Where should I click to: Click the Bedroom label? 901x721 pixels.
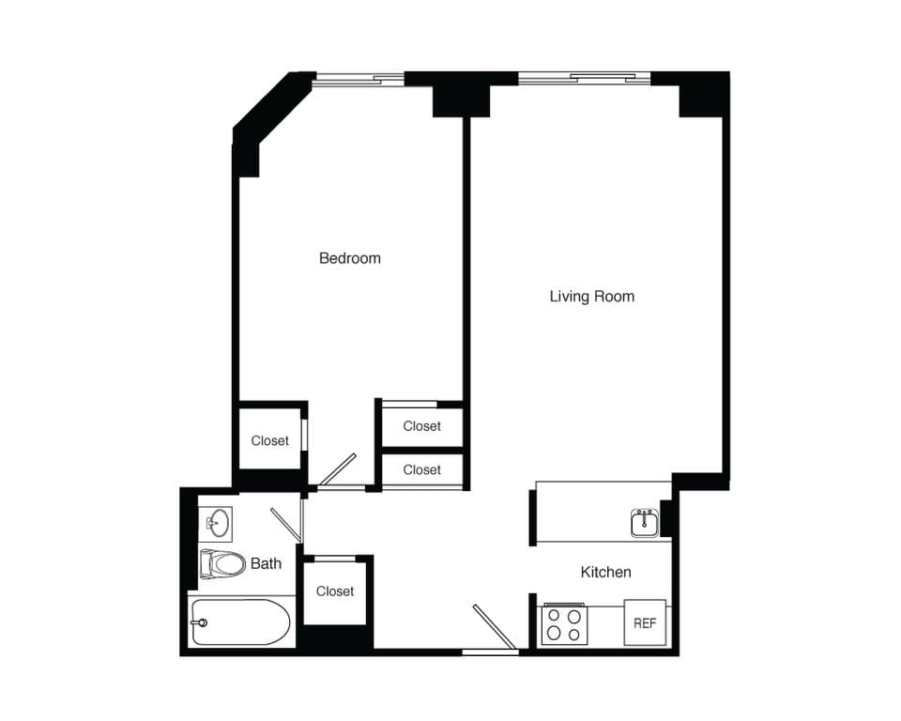[x=349, y=258]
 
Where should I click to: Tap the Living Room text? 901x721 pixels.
[x=591, y=297]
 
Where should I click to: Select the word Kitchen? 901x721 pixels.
[x=605, y=572]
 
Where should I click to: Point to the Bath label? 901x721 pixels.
[x=266, y=564]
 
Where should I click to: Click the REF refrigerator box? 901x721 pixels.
[x=645, y=622]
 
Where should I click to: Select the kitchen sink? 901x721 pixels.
[x=645, y=523]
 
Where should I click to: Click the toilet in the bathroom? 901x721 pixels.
[x=222, y=564]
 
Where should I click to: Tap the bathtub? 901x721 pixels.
[x=241, y=622]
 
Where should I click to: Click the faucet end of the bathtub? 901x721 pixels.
[x=199, y=621]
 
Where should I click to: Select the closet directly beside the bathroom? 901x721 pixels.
[x=334, y=591]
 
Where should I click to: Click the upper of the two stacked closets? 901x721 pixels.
[x=421, y=426]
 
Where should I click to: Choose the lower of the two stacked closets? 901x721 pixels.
[x=421, y=469]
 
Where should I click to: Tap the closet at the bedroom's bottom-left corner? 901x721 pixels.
[x=269, y=440]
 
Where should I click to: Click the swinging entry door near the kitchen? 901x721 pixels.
[x=494, y=627]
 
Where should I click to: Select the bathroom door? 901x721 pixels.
[x=286, y=524]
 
